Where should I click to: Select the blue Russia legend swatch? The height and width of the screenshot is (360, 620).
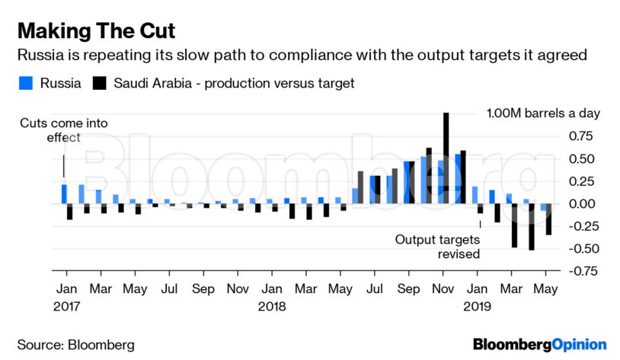pyautogui.click(x=26, y=83)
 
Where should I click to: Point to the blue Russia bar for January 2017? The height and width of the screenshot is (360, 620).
pyautogui.click(x=64, y=194)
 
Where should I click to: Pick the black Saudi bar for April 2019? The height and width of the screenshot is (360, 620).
pyautogui.click(x=531, y=227)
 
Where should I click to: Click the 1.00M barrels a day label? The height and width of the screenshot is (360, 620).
pyautogui.click(x=543, y=113)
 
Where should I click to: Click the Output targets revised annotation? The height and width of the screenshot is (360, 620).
pyautogui.click(x=437, y=247)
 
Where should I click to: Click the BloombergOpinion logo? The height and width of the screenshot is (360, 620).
pyautogui.click(x=539, y=344)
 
